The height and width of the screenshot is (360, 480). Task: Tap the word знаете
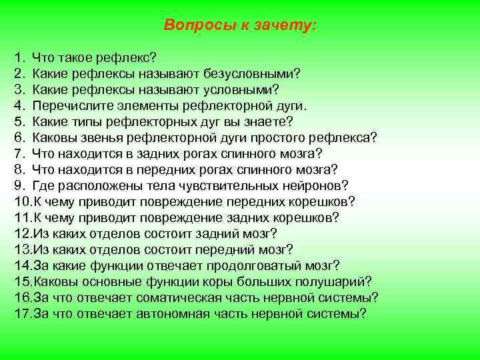[265, 121]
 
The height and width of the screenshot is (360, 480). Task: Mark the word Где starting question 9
[43, 185]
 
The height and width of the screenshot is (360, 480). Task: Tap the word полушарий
[335, 281]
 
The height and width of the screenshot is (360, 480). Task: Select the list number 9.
[19, 185]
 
